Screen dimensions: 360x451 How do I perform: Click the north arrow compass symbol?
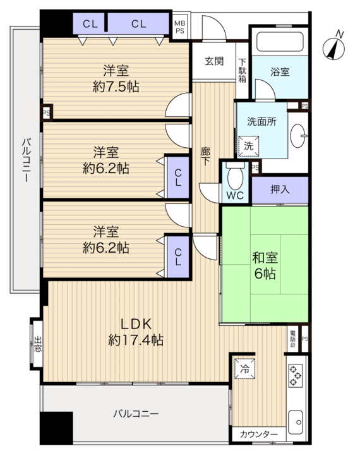(333, 47)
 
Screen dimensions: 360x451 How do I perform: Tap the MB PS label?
(180, 27)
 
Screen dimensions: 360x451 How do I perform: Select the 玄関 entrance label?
(214, 61)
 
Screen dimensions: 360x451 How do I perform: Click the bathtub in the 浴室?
(280, 42)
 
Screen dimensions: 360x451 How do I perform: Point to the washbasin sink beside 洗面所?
(299, 136)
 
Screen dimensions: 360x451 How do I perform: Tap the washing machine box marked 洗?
(248, 146)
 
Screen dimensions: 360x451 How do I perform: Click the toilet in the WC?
(235, 175)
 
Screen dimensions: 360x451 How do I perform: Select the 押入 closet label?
(280, 189)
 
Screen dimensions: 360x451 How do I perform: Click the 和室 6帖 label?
(265, 265)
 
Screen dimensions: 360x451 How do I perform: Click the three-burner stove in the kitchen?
(296, 375)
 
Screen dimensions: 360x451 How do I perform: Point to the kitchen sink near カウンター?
(296, 422)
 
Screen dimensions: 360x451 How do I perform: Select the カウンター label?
(259, 434)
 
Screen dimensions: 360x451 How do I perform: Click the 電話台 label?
(292, 339)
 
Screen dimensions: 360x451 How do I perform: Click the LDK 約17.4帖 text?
(136, 332)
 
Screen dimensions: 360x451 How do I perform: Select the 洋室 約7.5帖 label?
(116, 78)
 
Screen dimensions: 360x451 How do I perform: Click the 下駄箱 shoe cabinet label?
(243, 71)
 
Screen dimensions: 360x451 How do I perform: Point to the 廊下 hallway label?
(205, 156)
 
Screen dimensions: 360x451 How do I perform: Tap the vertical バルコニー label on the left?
(27, 160)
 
